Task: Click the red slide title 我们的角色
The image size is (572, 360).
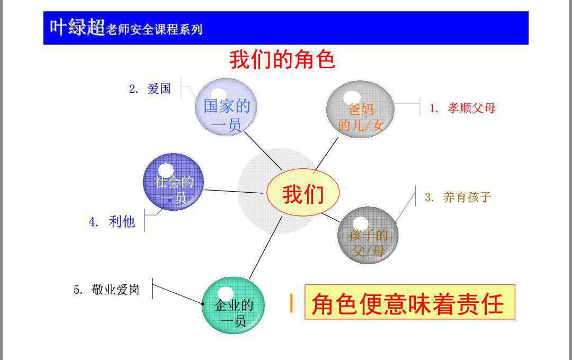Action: click(282, 59)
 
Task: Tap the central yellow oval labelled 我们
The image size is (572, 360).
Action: click(303, 192)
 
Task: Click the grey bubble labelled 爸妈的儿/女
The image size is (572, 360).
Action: click(361, 110)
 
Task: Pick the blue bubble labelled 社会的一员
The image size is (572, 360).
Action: click(174, 182)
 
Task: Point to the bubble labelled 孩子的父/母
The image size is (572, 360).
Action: click(368, 235)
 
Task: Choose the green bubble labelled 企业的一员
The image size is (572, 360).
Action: click(233, 305)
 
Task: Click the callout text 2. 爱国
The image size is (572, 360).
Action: click(150, 88)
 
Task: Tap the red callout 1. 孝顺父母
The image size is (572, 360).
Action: click(462, 108)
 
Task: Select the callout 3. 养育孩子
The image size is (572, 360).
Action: click(458, 197)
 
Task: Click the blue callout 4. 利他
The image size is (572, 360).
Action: click(112, 221)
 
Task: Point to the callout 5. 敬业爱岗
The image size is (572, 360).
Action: click(106, 290)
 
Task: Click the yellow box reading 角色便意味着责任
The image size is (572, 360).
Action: click(409, 302)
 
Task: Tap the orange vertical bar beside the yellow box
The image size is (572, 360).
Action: click(291, 303)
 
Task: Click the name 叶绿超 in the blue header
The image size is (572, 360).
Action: click(77, 28)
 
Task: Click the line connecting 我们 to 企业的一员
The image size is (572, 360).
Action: click(265, 248)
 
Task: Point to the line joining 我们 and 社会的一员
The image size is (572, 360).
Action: click(234, 192)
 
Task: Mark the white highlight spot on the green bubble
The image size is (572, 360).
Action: click(226, 294)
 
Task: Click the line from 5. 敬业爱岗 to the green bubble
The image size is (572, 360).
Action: click(177, 294)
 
